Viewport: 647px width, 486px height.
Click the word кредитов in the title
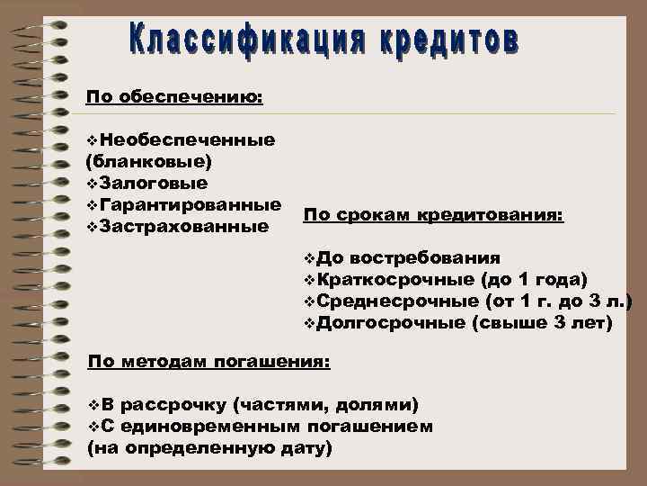(444, 41)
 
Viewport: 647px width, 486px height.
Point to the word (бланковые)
(148, 162)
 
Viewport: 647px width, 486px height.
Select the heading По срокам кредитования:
(433, 216)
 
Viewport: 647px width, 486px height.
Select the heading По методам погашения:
(209, 363)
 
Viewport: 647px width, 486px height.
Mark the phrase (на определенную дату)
(209, 446)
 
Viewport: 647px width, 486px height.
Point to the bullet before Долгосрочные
(310, 322)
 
